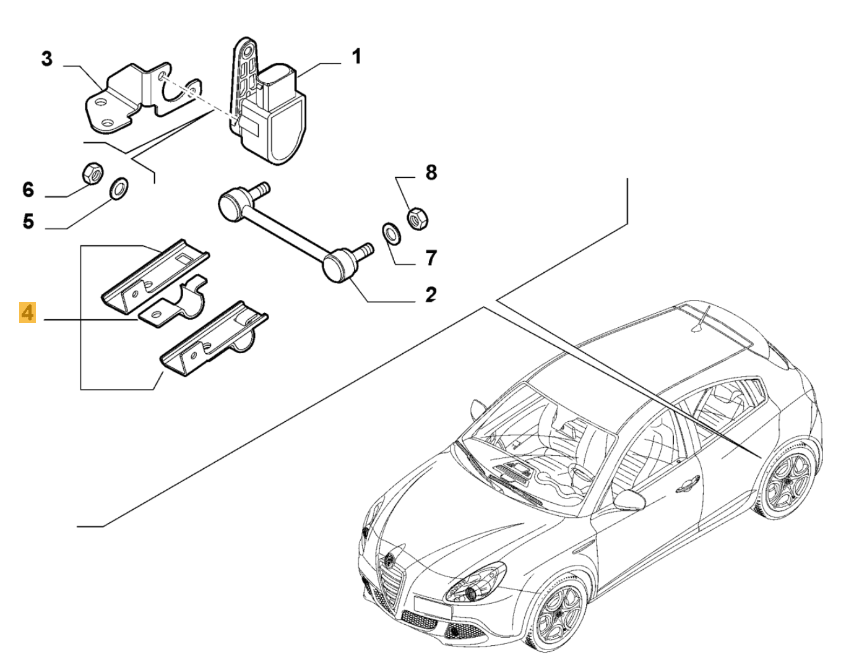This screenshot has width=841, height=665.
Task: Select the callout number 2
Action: (430, 293)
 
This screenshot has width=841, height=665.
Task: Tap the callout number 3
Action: (47, 60)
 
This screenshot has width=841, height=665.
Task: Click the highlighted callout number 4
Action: (28, 313)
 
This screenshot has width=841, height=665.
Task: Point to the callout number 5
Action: (28, 221)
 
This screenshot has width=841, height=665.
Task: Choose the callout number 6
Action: (28, 189)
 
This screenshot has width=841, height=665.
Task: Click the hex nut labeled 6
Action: (93, 173)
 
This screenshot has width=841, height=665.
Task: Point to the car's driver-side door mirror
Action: (630, 499)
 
